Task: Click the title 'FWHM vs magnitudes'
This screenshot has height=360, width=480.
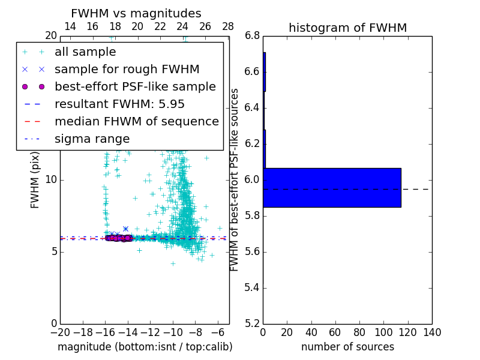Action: tap(136, 13)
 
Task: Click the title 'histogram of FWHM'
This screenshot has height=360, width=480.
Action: tap(347, 28)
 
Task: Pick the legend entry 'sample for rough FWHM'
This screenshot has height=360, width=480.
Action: tap(127, 70)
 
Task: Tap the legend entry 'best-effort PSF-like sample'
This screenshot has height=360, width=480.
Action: tap(135, 87)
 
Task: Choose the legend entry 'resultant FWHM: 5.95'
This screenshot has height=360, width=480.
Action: tap(119, 104)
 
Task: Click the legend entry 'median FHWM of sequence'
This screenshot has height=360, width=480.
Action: tap(136, 122)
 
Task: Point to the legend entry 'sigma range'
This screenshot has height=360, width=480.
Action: tap(92, 139)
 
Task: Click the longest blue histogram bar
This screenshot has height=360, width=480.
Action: tap(332, 188)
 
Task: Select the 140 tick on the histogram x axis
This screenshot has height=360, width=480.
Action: tap(432, 332)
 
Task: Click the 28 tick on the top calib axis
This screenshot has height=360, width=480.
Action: tap(228, 27)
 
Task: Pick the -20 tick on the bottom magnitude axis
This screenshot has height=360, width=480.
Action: tap(60, 332)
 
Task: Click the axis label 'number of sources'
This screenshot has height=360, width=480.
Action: tap(347, 347)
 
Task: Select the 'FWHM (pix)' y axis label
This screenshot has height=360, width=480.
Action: tap(35, 180)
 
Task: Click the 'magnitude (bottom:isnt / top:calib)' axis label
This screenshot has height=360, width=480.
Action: tap(145, 347)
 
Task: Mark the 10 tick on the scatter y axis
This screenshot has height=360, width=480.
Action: tap(52, 180)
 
